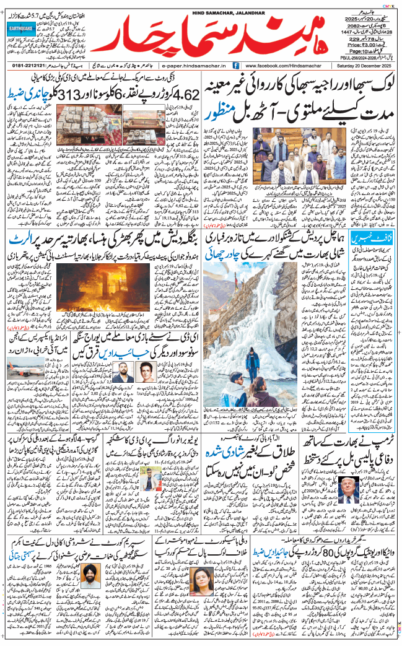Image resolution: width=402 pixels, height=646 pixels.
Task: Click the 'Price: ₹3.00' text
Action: point(363,45)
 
